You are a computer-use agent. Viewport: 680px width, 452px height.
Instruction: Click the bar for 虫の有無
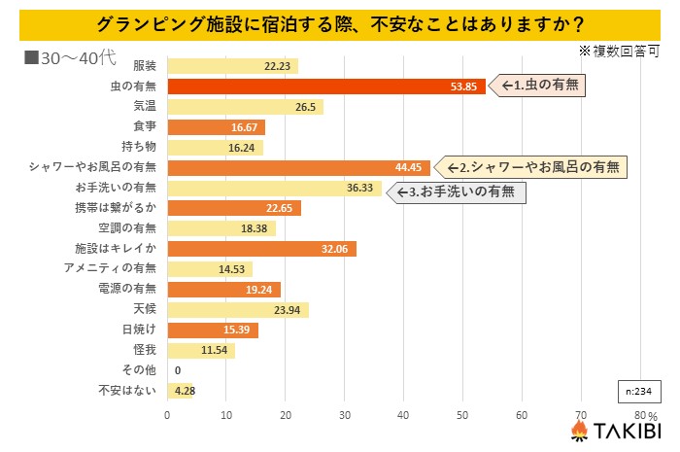(326, 87)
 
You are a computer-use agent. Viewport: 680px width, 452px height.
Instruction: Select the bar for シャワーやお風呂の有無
(298, 168)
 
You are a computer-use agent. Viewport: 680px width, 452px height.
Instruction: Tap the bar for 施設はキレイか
(262, 249)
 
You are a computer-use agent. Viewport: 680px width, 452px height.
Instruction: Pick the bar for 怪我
(201, 350)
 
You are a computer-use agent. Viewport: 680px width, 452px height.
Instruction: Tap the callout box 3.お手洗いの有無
(458, 191)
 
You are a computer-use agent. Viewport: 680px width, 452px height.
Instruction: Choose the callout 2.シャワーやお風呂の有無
(530, 166)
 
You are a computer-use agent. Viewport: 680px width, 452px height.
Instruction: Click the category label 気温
(144, 107)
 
